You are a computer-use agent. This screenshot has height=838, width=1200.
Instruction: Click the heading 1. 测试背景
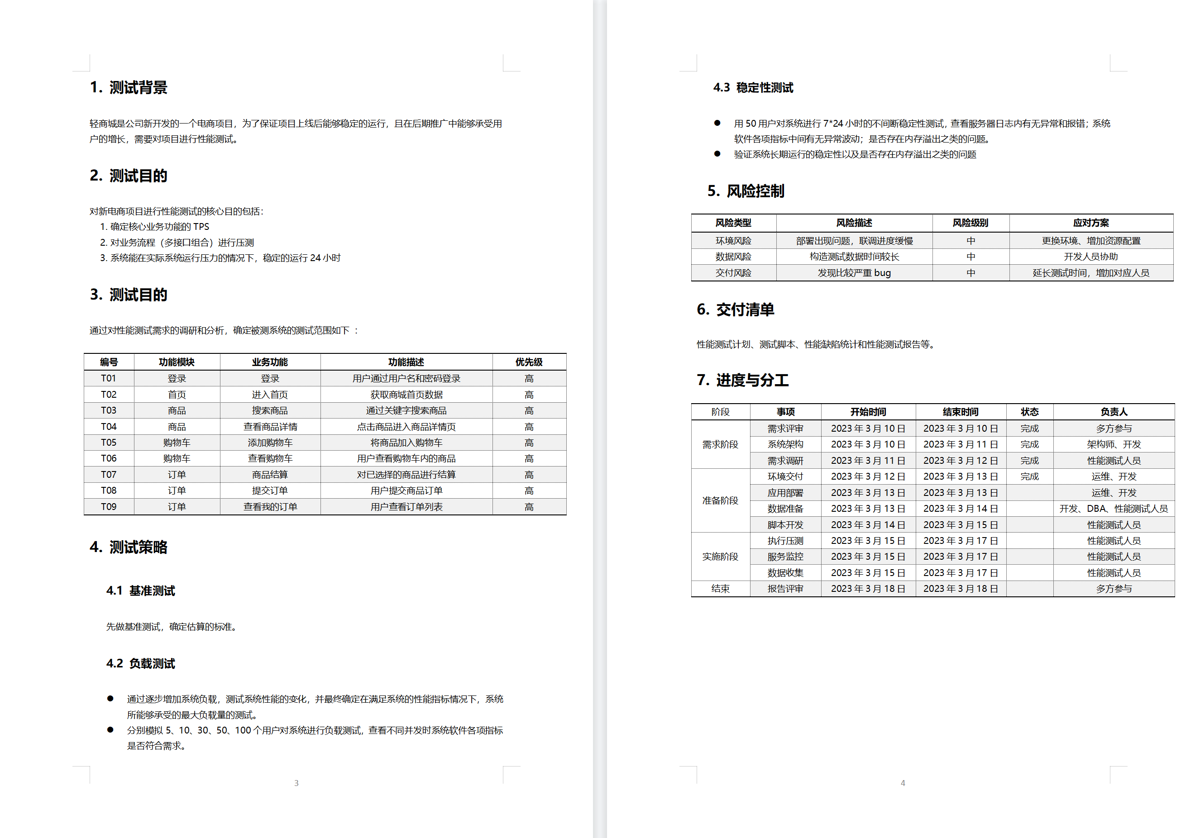(129, 87)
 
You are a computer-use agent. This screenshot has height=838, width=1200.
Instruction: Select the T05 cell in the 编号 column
(109, 443)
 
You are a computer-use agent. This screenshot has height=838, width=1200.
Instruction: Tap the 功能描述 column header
(406, 362)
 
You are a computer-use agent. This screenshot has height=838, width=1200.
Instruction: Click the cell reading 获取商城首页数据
(406, 395)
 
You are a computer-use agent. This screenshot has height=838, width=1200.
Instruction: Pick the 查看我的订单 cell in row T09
(270, 507)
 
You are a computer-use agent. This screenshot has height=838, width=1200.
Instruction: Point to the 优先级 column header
(528, 362)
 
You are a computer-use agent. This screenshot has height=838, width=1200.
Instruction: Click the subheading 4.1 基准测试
(141, 590)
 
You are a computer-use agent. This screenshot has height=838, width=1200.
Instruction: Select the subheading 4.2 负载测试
(141, 663)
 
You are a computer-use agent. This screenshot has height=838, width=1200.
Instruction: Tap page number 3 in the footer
(296, 783)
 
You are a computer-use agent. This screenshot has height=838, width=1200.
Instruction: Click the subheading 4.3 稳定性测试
(753, 87)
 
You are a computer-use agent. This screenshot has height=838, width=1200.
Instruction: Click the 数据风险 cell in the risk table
(733, 257)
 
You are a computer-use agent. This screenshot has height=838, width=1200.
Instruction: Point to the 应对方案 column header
(1091, 223)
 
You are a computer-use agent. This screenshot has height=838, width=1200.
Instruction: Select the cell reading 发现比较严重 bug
(854, 273)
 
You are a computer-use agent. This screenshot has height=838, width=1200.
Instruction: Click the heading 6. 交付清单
(736, 309)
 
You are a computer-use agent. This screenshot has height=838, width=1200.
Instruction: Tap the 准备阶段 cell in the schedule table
(720, 500)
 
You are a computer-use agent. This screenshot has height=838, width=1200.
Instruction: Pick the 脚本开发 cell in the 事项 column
(785, 524)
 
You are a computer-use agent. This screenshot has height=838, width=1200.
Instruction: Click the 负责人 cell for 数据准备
(1113, 508)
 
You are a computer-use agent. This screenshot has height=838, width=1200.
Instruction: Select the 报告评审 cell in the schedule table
(785, 589)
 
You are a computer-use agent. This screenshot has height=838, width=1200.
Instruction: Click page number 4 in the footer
(903, 783)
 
